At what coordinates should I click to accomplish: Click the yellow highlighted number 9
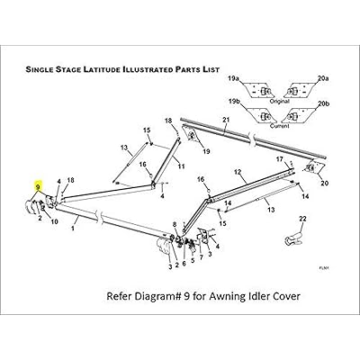[x=38, y=185]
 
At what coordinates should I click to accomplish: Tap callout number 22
[x=302, y=219]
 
